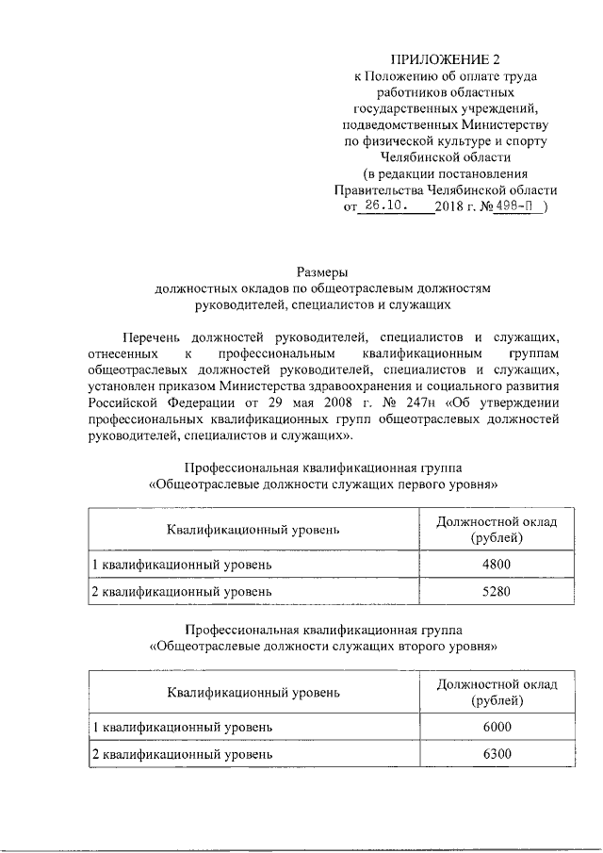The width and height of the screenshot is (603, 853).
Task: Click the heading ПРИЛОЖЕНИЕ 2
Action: pyautogui.click(x=440, y=61)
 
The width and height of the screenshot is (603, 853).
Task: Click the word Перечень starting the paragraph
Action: pyautogui.click(x=152, y=336)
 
